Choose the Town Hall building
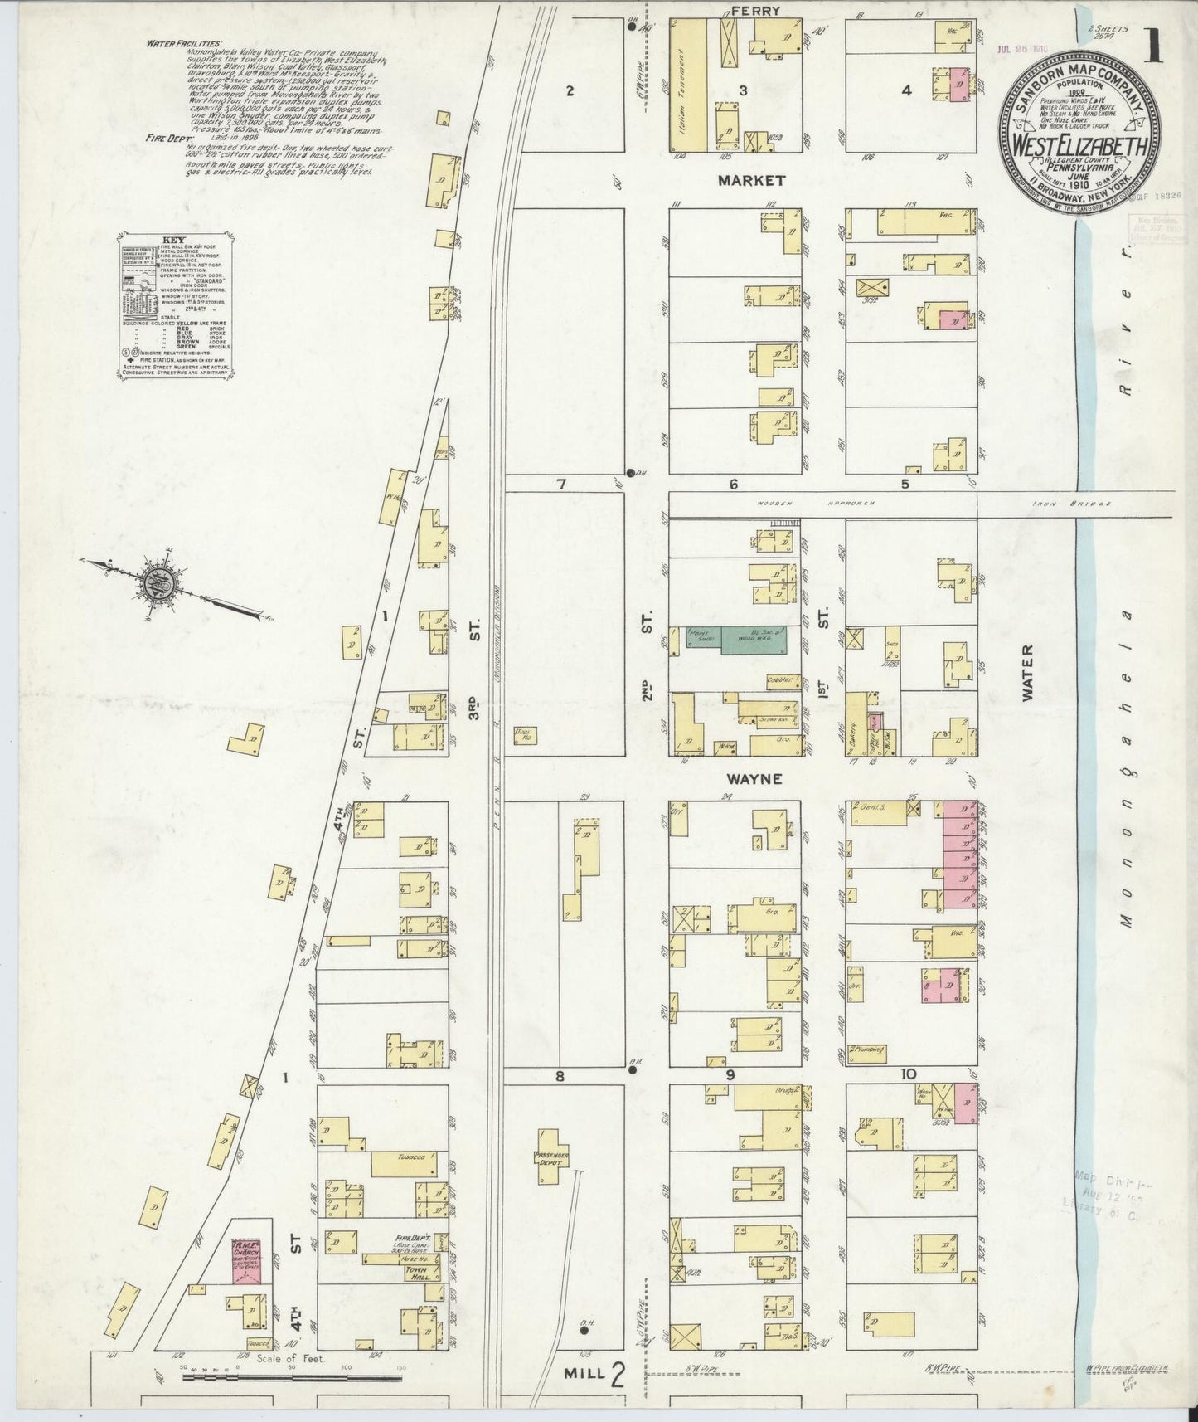[x=414, y=1272]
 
